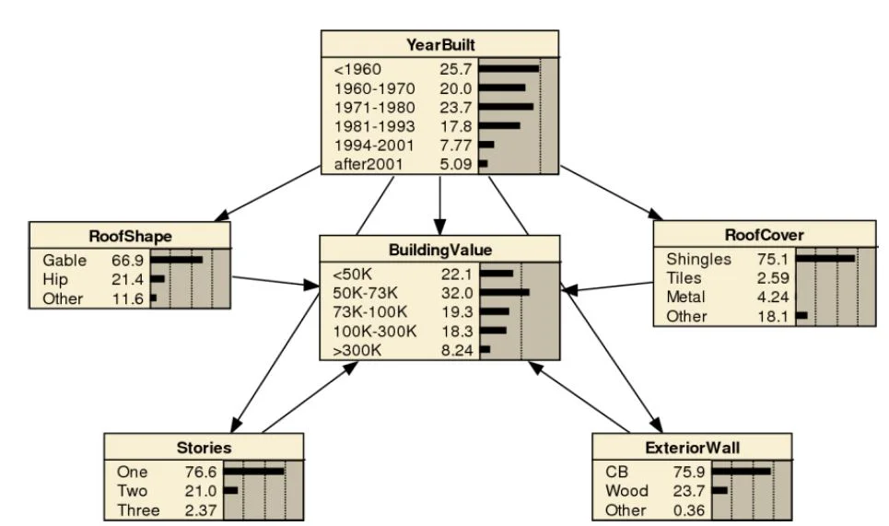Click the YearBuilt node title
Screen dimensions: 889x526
439,44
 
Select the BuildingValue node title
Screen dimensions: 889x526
439,249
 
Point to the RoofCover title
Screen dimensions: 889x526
764,234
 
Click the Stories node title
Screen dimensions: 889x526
203,448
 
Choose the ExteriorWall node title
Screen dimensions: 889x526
692,448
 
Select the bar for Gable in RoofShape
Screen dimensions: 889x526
176,261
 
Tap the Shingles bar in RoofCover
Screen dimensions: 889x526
825,259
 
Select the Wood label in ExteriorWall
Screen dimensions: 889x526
626,491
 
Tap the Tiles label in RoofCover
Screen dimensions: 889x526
684,278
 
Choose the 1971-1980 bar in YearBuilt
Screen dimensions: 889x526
506,108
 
